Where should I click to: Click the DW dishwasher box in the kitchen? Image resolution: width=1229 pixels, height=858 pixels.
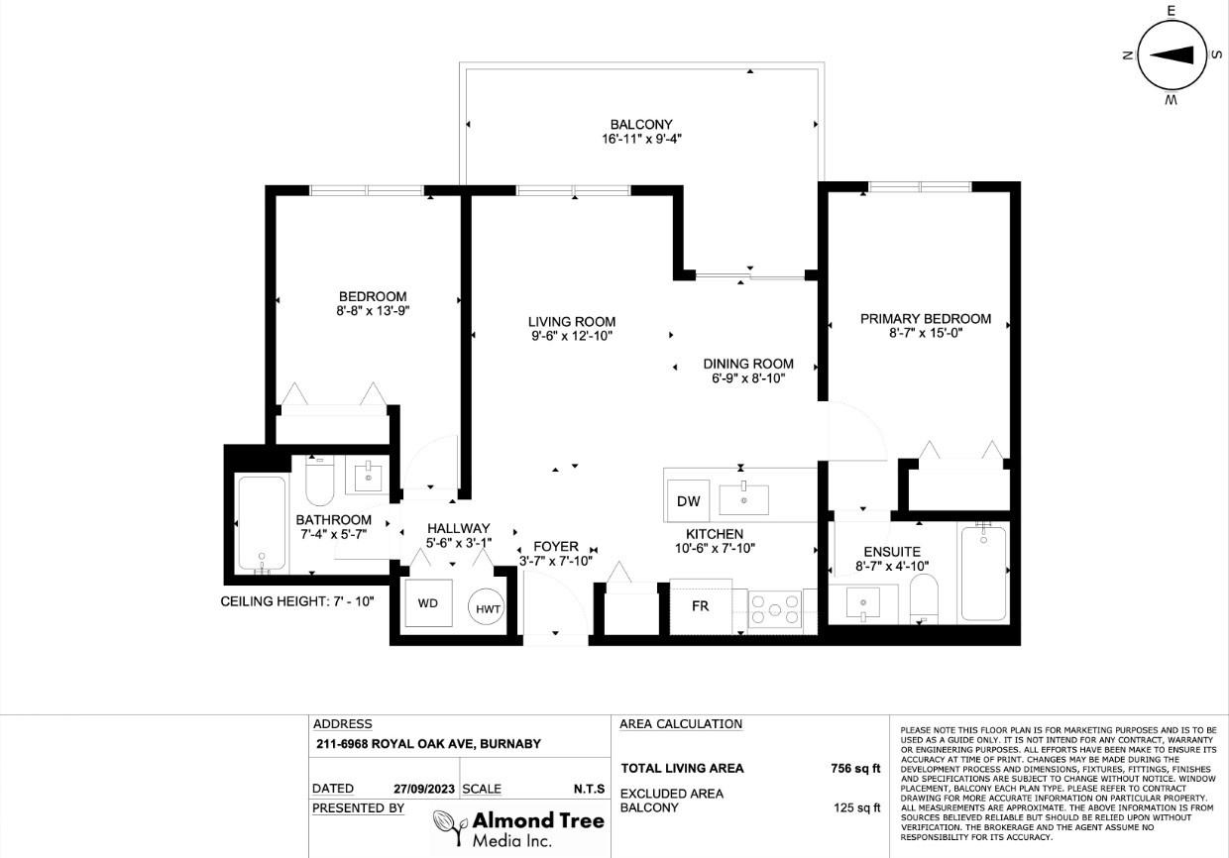coord(688,500)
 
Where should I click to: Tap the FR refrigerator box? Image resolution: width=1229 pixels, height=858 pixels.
coord(701,606)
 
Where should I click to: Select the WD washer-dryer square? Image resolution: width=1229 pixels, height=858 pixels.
coord(428,603)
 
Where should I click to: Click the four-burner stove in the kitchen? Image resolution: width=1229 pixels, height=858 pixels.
coord(775,609)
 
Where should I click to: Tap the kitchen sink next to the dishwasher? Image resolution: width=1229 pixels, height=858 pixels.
coord(744,499)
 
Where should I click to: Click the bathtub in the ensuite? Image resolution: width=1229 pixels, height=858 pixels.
coord(984,573)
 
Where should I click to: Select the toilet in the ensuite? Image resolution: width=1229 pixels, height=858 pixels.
coord(924,598)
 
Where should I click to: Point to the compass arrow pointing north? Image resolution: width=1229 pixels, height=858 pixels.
coord(1172,54)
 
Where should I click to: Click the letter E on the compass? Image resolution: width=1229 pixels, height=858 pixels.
coord(1172,11)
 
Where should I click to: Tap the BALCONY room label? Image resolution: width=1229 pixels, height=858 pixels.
coord(641,125)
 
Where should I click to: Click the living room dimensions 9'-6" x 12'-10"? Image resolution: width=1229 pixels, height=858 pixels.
coord(572,336)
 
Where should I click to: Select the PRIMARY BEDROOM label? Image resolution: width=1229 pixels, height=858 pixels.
coord(926,319)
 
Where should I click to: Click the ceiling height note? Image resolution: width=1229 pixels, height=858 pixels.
coord(296,601)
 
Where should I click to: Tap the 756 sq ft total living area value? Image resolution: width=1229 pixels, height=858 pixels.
coord(855,768)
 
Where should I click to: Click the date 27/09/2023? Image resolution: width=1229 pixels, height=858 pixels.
coord(424,789)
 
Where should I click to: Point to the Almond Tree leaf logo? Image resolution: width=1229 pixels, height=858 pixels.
coord(450,828)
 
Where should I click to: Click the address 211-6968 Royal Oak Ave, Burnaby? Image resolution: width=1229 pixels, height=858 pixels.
coord(428,744)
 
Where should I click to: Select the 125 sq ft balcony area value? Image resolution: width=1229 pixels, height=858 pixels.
coord(856,807)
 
